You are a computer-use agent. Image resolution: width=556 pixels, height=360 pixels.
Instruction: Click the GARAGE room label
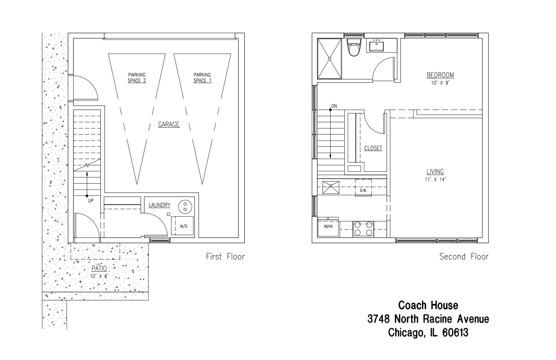[169, 124]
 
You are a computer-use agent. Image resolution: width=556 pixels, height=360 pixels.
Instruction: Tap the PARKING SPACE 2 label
[137, 78]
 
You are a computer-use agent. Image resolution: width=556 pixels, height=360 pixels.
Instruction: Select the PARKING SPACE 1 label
[202, 78]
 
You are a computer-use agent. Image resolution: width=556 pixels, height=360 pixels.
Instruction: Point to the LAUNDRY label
[159, 205]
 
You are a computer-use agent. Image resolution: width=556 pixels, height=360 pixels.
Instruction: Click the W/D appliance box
[183, 225]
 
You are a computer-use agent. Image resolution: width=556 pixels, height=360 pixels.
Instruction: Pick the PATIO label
[99, 268]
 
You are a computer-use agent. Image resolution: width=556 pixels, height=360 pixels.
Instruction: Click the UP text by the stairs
[91, 200]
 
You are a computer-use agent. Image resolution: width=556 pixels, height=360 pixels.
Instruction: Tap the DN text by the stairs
[334, 106]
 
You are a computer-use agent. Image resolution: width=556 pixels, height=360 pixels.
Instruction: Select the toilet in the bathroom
[354, 47]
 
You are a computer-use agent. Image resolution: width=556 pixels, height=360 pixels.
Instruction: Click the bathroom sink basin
[377, 46]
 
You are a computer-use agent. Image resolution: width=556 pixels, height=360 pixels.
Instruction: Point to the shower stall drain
[330, 59]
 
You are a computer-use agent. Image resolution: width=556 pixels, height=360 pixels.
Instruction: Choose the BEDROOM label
[440, 75]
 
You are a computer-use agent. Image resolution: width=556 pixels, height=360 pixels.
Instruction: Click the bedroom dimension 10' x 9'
[440, 83]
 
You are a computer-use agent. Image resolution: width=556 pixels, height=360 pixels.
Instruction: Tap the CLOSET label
[373, 148]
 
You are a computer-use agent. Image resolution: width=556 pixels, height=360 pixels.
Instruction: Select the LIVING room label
[435, 171]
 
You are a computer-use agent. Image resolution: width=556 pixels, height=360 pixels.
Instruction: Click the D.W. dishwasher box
[363, 188]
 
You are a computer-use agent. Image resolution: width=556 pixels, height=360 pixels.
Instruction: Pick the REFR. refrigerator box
[328, 226]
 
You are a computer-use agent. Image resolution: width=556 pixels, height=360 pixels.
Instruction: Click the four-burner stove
[363, 229]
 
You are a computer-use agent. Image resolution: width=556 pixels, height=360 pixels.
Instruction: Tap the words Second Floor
[464, 256]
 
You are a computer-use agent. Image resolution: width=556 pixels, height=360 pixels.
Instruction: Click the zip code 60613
[456, 332]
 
